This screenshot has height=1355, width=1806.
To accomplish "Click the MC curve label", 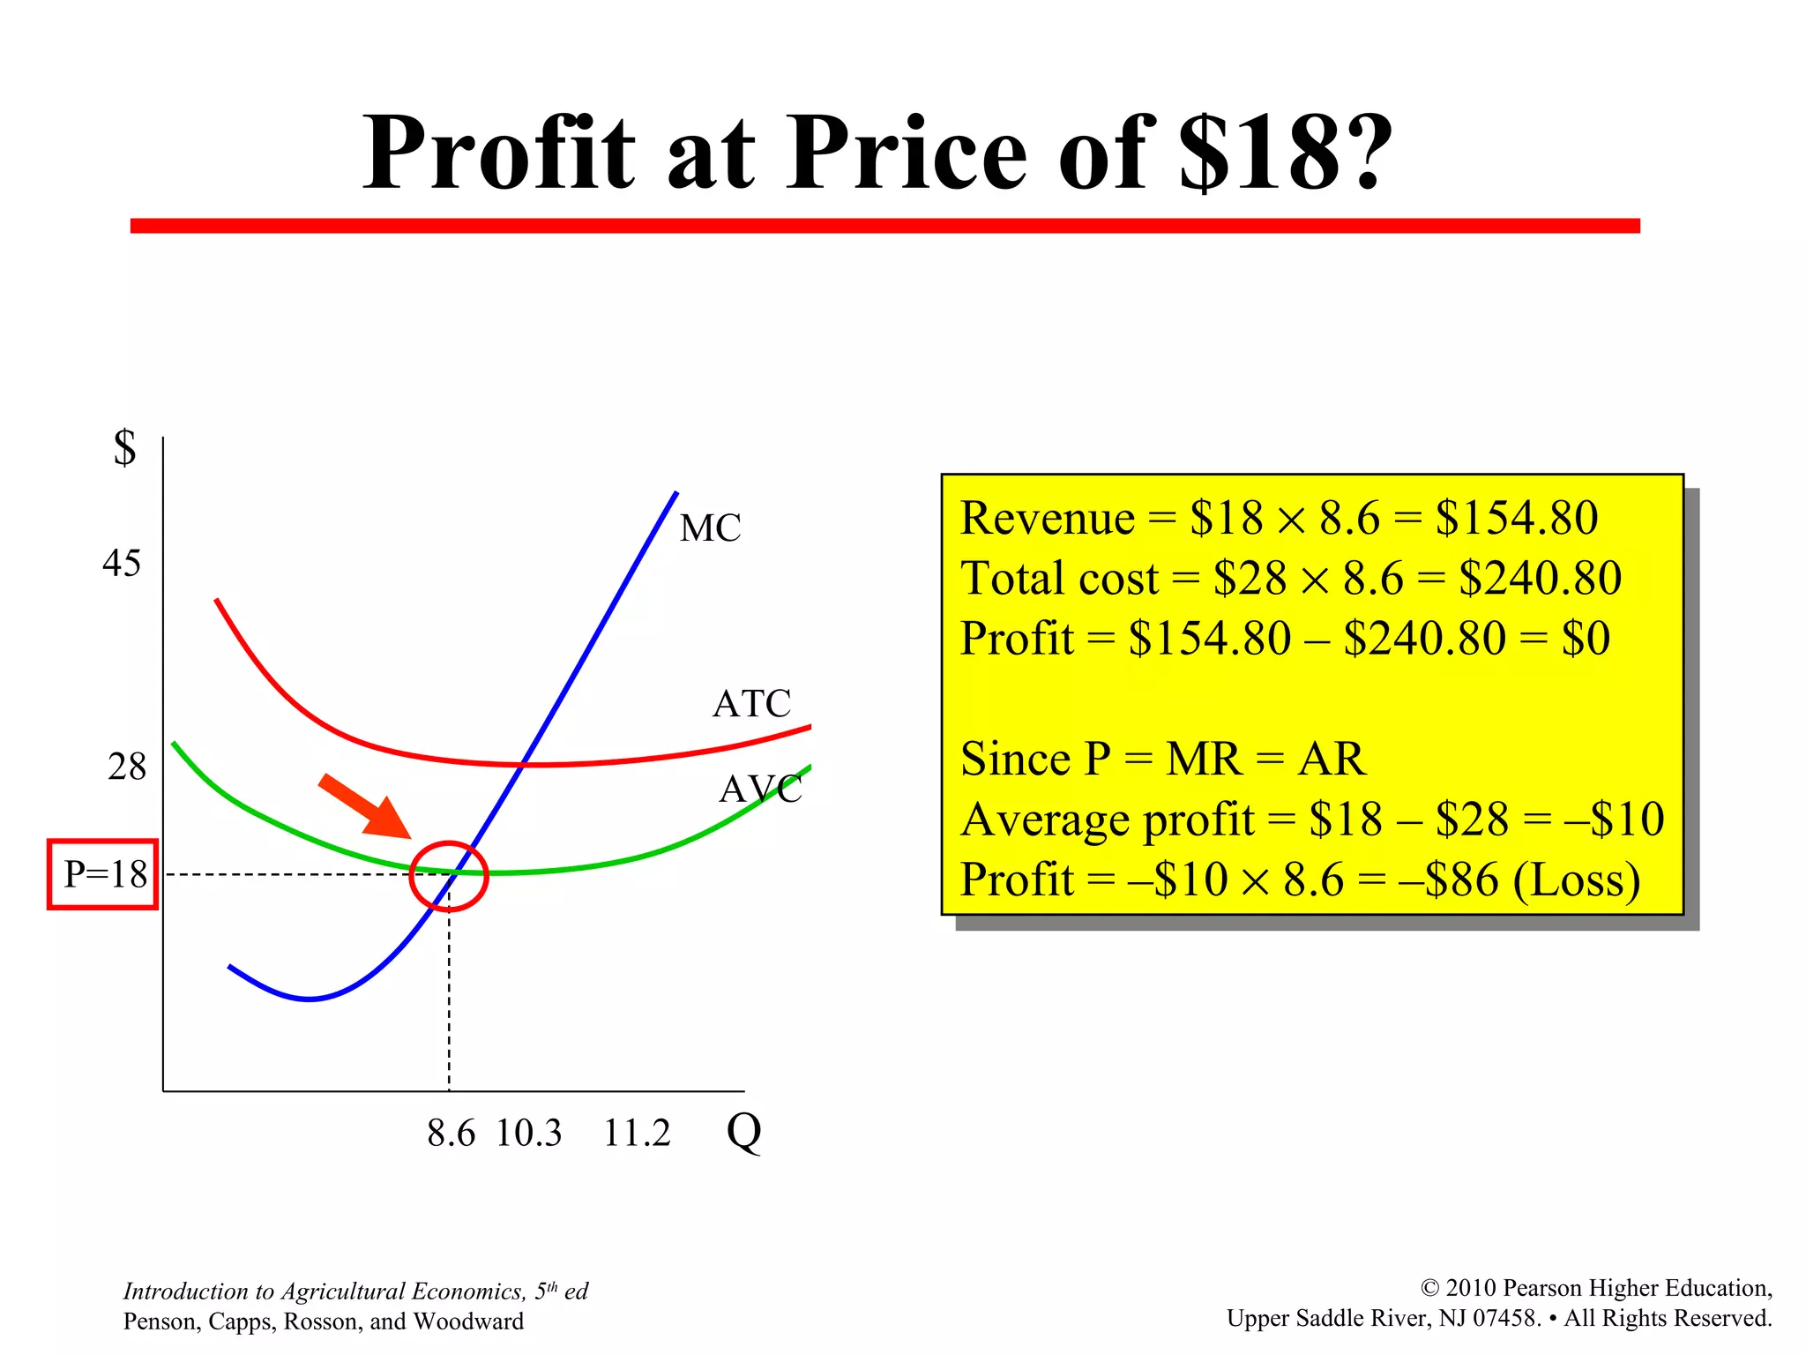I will click(710, 528).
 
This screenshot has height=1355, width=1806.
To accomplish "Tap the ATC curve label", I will click(751, 704).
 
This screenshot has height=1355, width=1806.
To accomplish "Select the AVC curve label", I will click(760, 789).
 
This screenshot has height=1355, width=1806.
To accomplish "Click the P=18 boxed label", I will click(103, 874).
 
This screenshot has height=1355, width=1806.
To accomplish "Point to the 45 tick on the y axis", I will click(121, 564).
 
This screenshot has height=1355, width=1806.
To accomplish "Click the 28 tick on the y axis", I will click(126, 767).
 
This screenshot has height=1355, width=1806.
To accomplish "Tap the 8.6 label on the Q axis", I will click(451, 1133).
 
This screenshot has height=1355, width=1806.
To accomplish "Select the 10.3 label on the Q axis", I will click(528, 1133).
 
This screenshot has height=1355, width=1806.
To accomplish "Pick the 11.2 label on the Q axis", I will click(637, 1133).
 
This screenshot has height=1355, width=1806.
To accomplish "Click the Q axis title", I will click(743, 1131).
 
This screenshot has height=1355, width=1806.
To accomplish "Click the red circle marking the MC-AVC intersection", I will click(449, 876).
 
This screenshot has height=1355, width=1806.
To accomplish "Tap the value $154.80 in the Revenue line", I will click(1516, 517).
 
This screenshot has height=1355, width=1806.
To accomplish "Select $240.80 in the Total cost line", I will click(1540, 578).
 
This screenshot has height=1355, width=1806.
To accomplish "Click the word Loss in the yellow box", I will click(1576, 880).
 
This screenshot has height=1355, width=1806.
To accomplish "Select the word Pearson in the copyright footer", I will click(1544, 1288).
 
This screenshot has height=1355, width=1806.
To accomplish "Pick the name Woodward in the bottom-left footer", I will click(468, 1321).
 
